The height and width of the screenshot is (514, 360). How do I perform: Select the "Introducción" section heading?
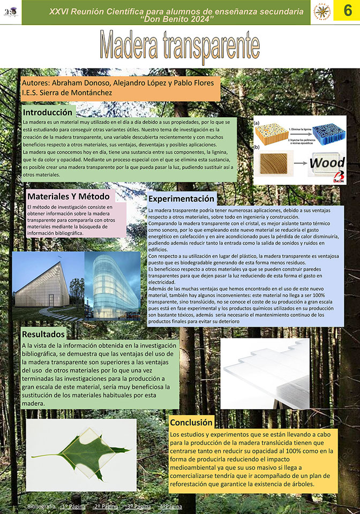(x=47, y=112)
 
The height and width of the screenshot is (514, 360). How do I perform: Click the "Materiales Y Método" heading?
(x=68, y=196)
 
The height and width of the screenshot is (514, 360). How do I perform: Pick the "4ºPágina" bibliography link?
(x=170, y=506)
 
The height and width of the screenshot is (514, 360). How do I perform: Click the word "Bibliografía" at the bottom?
(x=41, y=506)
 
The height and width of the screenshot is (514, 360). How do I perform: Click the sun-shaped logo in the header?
(x=322, y=11)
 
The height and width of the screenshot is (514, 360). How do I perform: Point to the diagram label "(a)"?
(x=257, y=123)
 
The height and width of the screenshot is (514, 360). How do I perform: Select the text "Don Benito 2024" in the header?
(x=176, y=19)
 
